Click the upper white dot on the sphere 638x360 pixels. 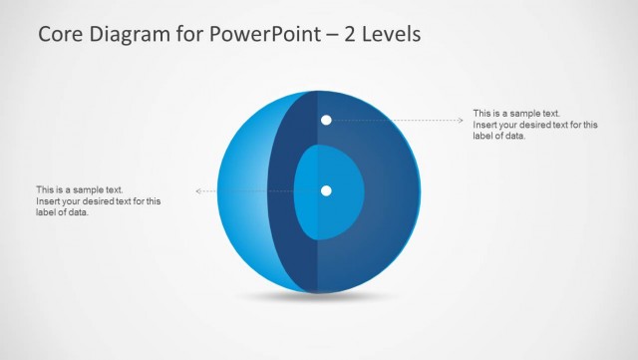[326, 121]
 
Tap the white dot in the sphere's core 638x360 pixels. [326, 190]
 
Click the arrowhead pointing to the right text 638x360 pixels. [461, 121]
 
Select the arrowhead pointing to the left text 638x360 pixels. [199, 190]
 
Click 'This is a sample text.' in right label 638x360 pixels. [516, 114]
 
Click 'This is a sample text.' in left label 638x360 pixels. [79, 189]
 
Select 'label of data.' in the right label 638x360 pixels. [498, 137]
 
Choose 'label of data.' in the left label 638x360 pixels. [62, 212]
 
